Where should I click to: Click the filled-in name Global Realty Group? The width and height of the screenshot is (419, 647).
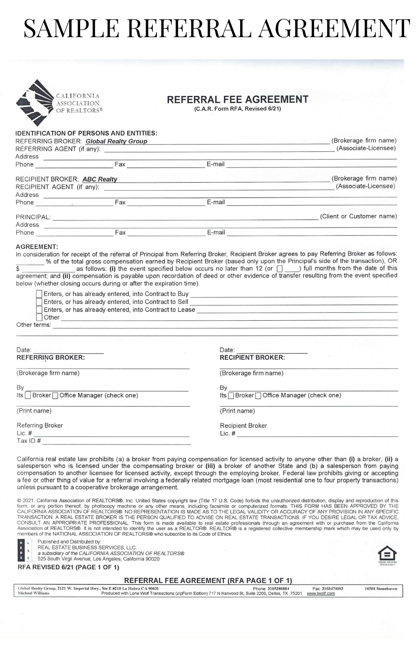coord(116,141)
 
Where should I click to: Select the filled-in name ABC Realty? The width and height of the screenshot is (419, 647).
coord(100,179)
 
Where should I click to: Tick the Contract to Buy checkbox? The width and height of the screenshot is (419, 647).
coord(39,294)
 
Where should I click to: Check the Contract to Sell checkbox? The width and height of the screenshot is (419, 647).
coord(39,302)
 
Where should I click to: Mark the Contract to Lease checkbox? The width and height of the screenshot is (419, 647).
coord(39,310)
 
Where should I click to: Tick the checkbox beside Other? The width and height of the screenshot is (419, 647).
coord(39,317)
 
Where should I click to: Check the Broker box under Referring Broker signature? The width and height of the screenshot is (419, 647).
coord(28,395)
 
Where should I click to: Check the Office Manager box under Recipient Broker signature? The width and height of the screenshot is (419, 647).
coord(258,395)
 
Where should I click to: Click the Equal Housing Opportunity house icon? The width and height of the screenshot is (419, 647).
coord(387,554)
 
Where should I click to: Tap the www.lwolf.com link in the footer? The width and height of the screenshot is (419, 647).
coord(321,593)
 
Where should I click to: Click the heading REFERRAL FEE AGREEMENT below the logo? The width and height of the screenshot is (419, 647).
coord(237,99)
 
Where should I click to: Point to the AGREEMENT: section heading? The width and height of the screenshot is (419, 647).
coord(37,247)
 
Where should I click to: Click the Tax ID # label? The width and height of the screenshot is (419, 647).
coord(29,441)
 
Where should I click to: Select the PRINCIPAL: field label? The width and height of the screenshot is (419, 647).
coord(33,217)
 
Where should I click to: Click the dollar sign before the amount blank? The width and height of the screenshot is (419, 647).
coord(18,269)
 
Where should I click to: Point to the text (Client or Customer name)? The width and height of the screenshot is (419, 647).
coord(358,216)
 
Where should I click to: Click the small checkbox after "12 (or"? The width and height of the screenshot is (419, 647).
coord(280,269)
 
